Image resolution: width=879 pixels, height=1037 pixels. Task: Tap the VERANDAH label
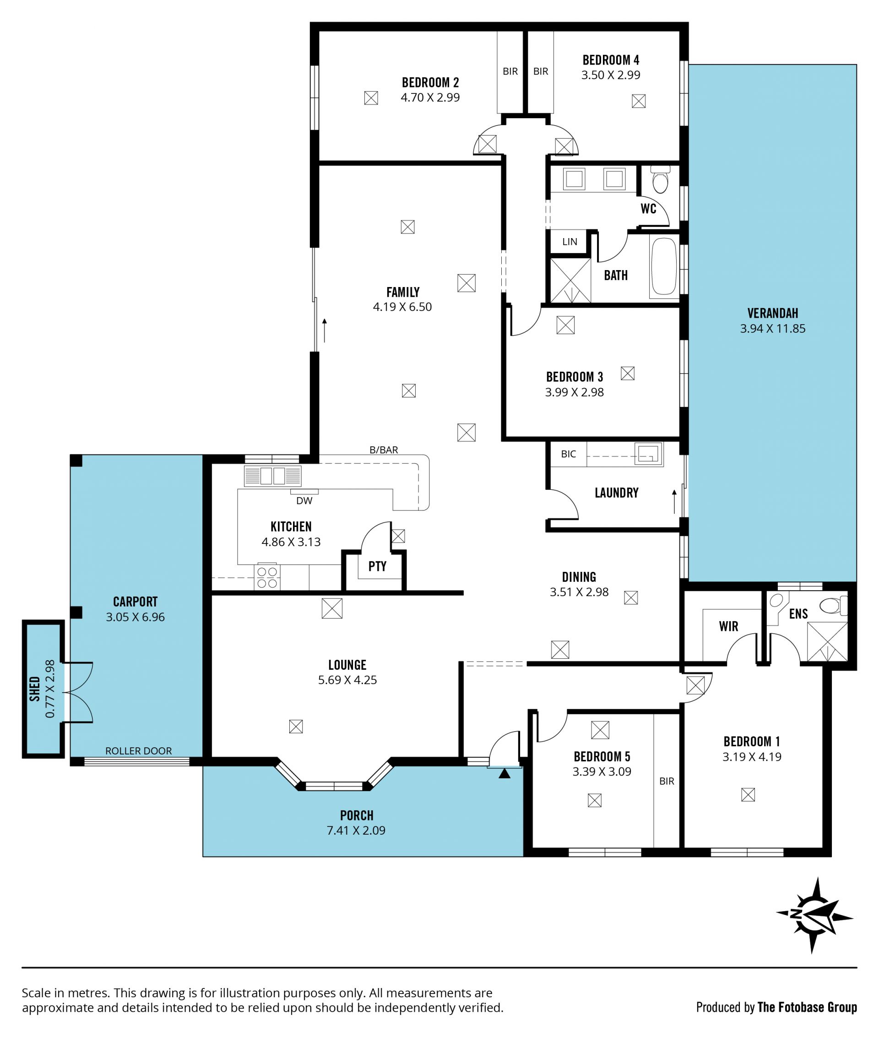pos(772,313)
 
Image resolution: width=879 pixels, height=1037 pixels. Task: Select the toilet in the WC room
pos(660,180)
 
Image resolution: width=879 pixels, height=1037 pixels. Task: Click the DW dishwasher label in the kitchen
pos(304,501)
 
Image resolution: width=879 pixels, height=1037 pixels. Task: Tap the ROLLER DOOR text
pos(139,750)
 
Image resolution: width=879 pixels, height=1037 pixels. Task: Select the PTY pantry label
pos(377,566)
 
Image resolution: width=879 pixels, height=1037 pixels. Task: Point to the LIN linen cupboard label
pos(570,242)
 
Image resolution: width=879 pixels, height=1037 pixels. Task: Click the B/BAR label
pos(384,450)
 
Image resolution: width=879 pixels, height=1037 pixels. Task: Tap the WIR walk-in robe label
pos(728,626)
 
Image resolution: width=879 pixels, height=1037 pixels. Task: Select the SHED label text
pos(35,689)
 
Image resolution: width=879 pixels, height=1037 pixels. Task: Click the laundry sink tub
pos(648,453)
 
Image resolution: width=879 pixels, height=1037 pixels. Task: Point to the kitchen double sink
pos(272,476)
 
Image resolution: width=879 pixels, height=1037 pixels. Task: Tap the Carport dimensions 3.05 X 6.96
pos(135,617)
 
